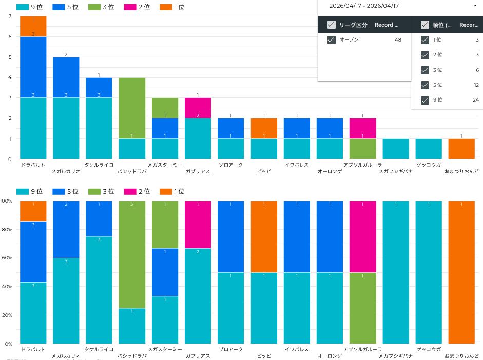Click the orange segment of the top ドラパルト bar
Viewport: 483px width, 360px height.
(33, 26)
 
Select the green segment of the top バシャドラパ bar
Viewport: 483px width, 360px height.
(132, 108)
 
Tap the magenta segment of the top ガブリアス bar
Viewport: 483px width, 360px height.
(198, 108)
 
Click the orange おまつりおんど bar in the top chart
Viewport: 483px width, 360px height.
(461, 149)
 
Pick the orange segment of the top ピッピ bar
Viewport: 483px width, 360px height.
(264, 128)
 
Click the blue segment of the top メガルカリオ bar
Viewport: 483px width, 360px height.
(66, 77)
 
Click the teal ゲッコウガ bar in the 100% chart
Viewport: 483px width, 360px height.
(429, 272)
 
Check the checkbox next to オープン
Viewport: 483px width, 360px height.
(332, 40)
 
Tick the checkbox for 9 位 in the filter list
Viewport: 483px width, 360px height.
(425, 100)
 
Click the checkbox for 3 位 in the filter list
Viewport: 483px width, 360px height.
(425, 70)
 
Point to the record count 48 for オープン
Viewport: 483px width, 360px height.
(398, 40)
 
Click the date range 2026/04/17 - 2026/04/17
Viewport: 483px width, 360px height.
(365, 6)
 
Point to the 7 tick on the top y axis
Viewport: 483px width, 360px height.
(10, 16)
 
